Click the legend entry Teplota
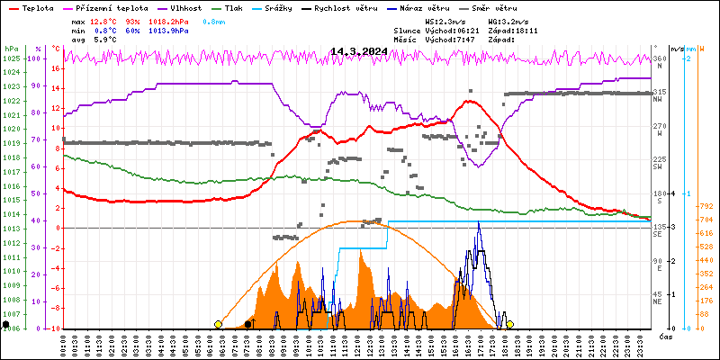coord(37,7)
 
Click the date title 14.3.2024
coord(358,51)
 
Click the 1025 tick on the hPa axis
coord(11,58)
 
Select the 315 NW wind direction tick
coord(659,93)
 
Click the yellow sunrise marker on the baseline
coord(218,324)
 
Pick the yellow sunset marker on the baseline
coord(509,324)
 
